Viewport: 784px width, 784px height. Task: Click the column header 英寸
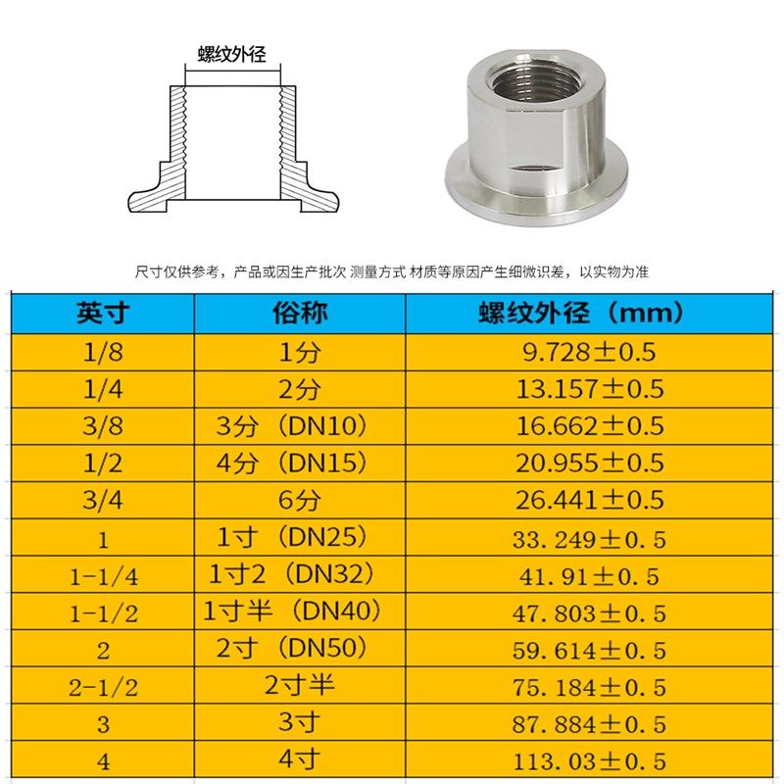click(102, 314)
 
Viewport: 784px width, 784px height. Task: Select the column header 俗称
click(299, 314)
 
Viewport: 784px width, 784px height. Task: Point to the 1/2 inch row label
click(103, 463)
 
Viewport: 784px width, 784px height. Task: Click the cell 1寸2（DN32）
click(292, 574)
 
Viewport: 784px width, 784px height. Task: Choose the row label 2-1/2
click(103, 687)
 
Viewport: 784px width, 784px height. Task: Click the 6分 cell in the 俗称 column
click(299, 500)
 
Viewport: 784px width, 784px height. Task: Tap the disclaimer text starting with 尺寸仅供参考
click(392, 271)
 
